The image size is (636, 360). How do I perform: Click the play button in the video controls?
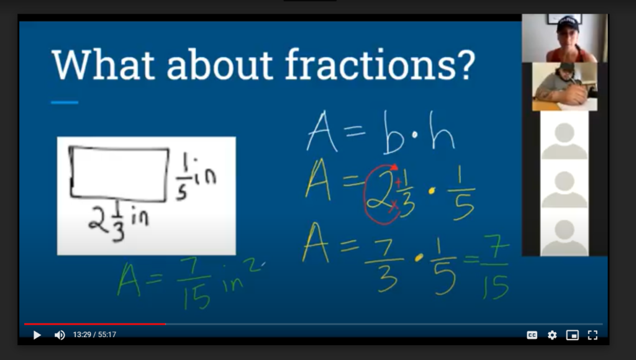click(x=37, y=335)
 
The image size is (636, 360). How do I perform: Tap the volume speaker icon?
click(x=60, y=335)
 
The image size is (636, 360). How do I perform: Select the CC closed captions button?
click(x=532, y=335)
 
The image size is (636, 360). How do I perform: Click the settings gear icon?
click(x=552, y=335)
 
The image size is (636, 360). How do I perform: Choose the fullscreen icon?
click(x=593, y=335)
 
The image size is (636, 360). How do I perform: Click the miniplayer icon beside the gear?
click(x=572, y=335)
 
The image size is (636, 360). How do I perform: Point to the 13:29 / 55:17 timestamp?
click(x=94, y=335)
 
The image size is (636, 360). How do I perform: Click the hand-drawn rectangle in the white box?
click(x=71, y=173)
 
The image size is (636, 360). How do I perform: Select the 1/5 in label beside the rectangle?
click(x=196, y=178)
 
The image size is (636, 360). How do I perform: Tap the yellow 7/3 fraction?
click(x=384, y=265)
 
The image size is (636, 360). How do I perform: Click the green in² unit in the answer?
click(x=243, y=275)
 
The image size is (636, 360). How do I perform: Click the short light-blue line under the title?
click(x=65, y=102)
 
